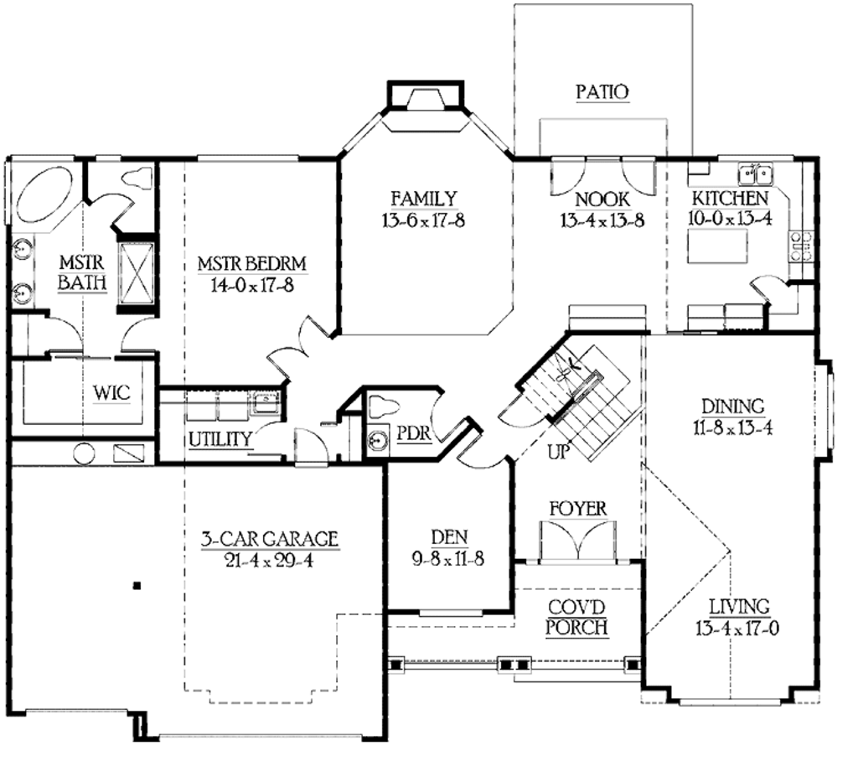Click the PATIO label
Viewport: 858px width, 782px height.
[602, 92]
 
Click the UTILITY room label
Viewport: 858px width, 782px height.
[220, 438]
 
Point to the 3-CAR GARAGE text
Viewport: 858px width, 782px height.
[269, 539]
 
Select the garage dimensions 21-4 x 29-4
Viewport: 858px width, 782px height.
[269, 561]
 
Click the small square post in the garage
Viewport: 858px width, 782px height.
[136, 584]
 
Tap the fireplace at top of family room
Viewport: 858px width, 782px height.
[425, 105]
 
